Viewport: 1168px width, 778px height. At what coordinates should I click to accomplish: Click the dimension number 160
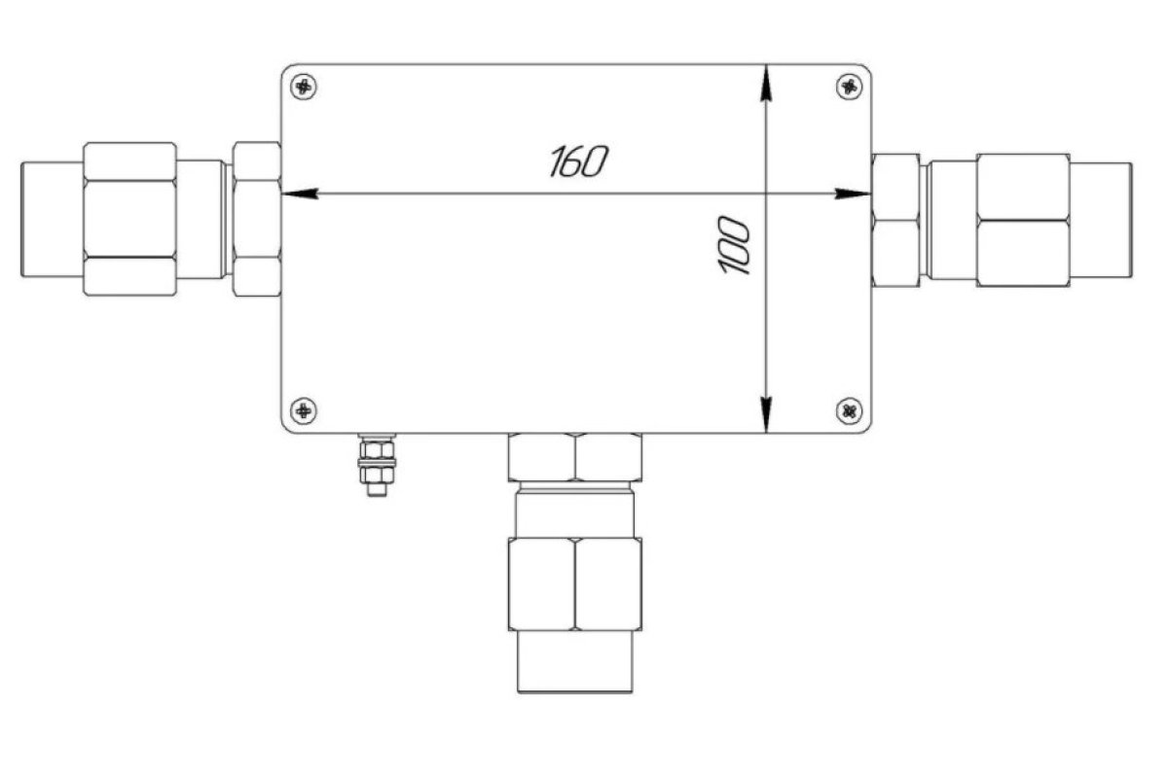point(579,161)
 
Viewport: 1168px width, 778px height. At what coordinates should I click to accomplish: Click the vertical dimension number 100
point(734,245)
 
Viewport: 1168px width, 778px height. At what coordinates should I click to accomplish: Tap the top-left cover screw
point(304,86)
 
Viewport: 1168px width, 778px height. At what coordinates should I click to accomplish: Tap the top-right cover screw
point(850,86)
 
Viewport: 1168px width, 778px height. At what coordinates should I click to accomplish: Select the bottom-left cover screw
point(304,410)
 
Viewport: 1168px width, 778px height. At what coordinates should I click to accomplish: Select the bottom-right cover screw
point(850,410)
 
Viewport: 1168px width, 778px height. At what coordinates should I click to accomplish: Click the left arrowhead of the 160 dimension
point(300,194)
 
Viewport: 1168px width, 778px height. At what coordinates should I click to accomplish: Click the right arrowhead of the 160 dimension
point(853,194)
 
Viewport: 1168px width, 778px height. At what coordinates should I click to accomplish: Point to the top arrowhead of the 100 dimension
point(765,83)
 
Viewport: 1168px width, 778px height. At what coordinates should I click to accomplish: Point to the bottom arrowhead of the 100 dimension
point(765,415)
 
